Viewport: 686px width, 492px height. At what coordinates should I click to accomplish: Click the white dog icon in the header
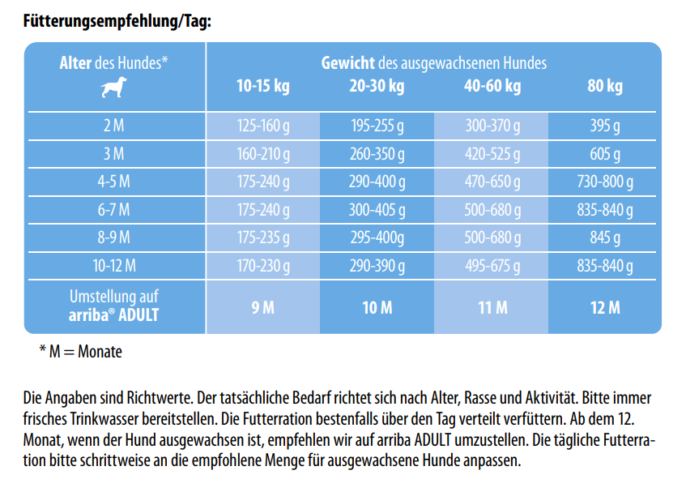pos(113,88)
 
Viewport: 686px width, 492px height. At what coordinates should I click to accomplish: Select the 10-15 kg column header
pos(262,87)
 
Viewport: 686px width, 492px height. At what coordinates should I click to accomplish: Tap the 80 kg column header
pos(604,87)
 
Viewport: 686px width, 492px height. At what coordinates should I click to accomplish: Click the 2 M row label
pos(113,126)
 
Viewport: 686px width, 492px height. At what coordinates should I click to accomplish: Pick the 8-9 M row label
pos(113,237)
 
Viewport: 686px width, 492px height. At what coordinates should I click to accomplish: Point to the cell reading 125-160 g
pos(262,126)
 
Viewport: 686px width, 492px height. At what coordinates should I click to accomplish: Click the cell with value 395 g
pos(604,126)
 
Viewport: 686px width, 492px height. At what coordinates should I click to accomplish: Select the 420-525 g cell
pos(491,154)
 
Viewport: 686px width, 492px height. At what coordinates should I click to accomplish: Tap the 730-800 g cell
pos(604,182)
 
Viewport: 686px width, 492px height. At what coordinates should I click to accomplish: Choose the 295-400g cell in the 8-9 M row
pos(377,237)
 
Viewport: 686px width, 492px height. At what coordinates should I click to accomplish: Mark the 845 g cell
pos(604,237)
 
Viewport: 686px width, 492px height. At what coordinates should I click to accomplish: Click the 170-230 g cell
pos(262,265)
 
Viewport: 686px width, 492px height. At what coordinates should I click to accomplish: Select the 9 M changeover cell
pos(262,307)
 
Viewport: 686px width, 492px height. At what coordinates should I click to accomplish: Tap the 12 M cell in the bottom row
pos(604,307)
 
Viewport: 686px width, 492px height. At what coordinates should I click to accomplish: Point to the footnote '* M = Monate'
pos(80,353)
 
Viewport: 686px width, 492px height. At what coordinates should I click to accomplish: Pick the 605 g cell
pos(604,154)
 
